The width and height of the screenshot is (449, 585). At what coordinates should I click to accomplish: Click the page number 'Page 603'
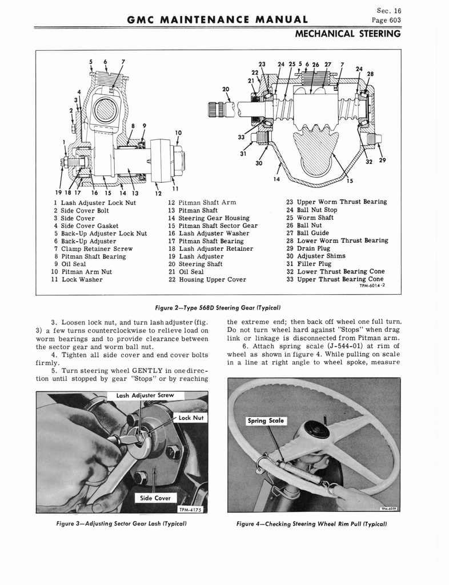pyautogui.click(x=386, y=20)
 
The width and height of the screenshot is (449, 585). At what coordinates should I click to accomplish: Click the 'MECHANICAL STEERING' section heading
pyautogui.click(x=348, y=34)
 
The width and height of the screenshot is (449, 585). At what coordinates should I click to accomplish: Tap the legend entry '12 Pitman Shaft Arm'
pyautogui.click(x=202, y=203)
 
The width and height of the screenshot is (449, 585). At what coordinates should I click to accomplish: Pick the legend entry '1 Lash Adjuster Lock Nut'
pyautogui.click(x=95, y=203)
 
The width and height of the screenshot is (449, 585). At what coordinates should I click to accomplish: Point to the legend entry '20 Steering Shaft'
pyautogui.click(x=195, y=264)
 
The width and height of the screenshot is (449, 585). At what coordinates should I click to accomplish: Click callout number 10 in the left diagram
pyautogui.click(x=178, y=133)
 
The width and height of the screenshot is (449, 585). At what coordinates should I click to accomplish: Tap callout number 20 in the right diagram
pyautogui.click(x=226, y=89)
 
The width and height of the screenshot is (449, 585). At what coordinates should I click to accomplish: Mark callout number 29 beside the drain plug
pyautogui.click(x=382, y=161)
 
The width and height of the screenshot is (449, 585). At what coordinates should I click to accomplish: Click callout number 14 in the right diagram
pyautogui.click(x=276, y=179)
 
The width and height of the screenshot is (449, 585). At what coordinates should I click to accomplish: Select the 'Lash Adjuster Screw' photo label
pyautogui.click(x=145, y=395)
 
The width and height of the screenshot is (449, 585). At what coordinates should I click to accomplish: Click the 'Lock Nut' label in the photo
pyautogui.click(x=191, y=418)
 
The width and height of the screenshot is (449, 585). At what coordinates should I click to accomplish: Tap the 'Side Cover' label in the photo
pyautogui.click(x=155, y=498)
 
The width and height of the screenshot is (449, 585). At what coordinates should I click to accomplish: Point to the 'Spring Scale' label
pyautogui.click(x=266, y=421)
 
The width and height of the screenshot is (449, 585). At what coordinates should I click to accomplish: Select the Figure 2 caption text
pyautogui.click(x=218, y=308)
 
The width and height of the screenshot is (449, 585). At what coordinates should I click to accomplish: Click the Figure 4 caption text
pyautogui.click(x=312, y=524)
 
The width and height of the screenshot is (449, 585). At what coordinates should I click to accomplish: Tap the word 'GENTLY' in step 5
pyautogui.click(x=147, y=371)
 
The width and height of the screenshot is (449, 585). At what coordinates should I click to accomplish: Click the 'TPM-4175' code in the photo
pyautogui.click(x=190, y=510)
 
